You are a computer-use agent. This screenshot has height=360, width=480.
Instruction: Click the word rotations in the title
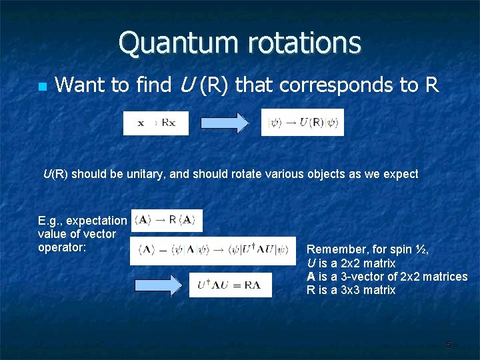click(305, 43)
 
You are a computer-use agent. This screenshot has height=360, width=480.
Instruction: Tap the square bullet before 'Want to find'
click(42, 87)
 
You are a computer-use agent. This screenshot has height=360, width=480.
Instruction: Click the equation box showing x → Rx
click(156, 123)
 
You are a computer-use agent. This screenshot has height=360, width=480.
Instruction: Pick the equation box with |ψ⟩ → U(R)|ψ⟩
click(302, 123)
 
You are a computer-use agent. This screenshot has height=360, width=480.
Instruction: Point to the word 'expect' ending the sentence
click(401, 174)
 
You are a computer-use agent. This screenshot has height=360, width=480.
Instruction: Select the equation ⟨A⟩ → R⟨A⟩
click(167, 221)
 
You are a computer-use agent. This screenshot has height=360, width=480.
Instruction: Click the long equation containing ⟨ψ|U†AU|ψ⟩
click(213, 251)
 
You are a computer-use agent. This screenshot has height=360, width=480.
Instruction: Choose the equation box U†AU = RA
click(230, 285)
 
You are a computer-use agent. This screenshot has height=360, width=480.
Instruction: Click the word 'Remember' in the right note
click(333, 249)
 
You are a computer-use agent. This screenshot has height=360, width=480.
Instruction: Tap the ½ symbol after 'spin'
click(419, 249)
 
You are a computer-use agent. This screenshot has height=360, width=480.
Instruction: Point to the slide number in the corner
click(448, 345)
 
